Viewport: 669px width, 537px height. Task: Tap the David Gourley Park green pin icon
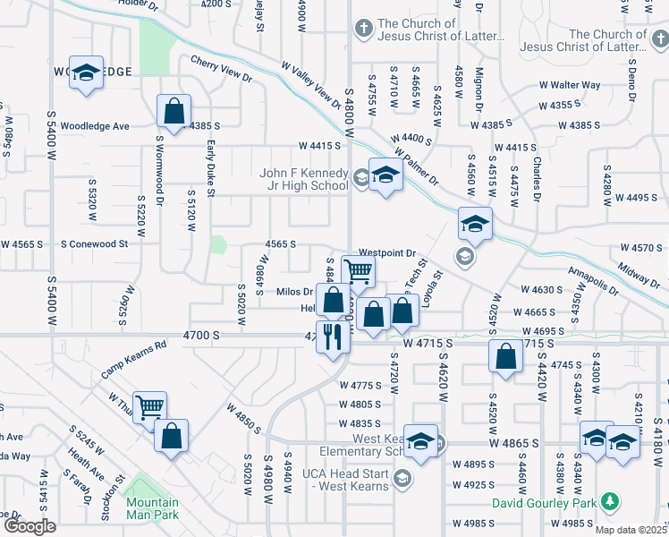[610, 499]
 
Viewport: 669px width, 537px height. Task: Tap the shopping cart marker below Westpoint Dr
[358, 270]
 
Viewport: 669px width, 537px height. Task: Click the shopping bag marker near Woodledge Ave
[174, 112]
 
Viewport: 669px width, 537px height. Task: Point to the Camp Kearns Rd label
[133, 357]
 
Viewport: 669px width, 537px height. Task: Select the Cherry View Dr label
[222, 71]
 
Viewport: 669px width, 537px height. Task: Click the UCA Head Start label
[341, 478]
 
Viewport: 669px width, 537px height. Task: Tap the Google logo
[30, 526]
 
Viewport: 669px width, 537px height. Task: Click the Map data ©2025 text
[631, 530]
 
